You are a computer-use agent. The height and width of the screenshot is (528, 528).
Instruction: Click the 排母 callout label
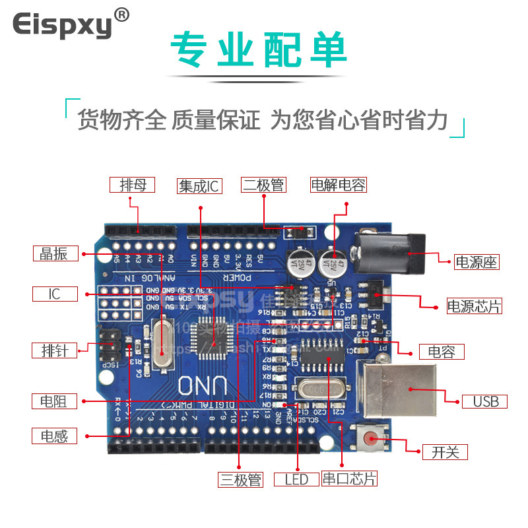click(133, 185)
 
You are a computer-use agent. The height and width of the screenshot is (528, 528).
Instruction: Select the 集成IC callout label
click(199, 186)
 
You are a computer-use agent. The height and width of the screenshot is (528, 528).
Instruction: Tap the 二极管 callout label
click(263, 185)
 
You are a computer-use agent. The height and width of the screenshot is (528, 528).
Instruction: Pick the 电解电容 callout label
click(338, 185)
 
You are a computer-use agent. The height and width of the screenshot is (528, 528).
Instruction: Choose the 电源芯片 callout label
click(474, 306)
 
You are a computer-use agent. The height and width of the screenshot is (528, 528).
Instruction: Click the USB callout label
click(485, 401)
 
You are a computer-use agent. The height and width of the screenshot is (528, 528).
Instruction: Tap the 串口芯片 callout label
click(349, 479)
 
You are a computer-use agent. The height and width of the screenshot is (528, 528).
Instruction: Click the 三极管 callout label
click(241, 479)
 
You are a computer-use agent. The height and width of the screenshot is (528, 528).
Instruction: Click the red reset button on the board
click(371, 438)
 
